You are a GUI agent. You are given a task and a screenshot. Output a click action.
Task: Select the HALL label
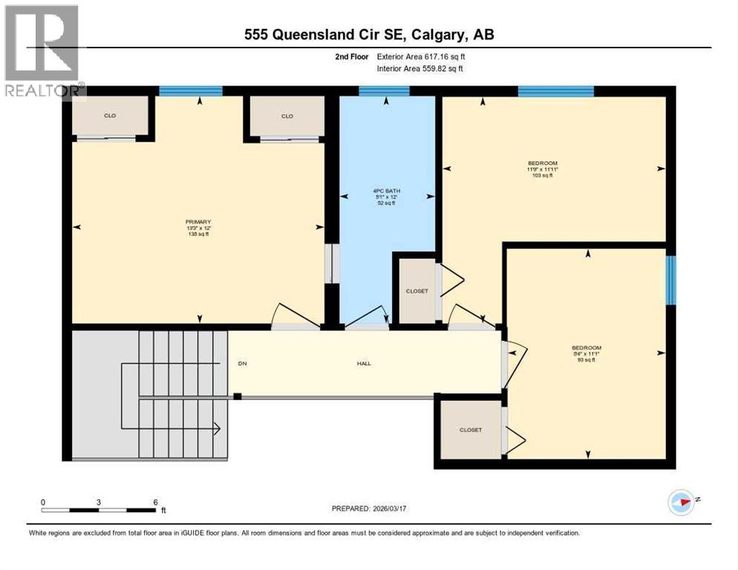pos(364,363)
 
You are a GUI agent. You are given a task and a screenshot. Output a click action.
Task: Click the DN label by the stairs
pos(242,363)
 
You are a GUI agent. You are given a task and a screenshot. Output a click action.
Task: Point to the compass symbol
pos(681,502)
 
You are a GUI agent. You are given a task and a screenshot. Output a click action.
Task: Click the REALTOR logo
pos(42,52)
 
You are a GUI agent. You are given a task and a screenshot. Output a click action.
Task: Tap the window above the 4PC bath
pos(384,91)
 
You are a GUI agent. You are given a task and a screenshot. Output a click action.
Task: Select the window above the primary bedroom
pos(191,91)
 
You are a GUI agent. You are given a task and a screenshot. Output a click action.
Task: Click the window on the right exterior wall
pos(670,280)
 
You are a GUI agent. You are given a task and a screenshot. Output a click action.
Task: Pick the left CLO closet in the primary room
pos(110,117)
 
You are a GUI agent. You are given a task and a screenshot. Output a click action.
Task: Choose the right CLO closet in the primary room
pos(287,117)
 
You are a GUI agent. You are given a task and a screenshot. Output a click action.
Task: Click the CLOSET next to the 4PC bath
pos(417,291)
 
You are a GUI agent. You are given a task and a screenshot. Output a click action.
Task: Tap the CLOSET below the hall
pos(470,430)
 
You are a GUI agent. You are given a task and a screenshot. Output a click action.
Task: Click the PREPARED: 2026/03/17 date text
pos(369,508)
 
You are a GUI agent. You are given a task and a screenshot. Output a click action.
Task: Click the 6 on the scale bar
pos(155,502)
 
